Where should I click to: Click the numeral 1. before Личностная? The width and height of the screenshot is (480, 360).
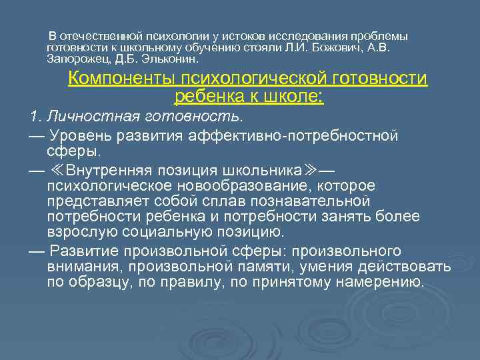tap(36, 117)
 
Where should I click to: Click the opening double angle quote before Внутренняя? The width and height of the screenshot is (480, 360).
tap(57, 169)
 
